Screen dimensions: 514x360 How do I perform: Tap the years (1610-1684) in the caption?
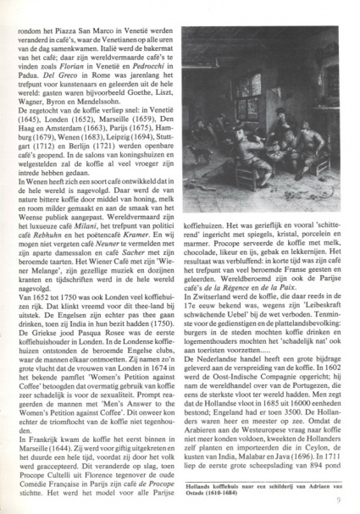click(x=224, y=492)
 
